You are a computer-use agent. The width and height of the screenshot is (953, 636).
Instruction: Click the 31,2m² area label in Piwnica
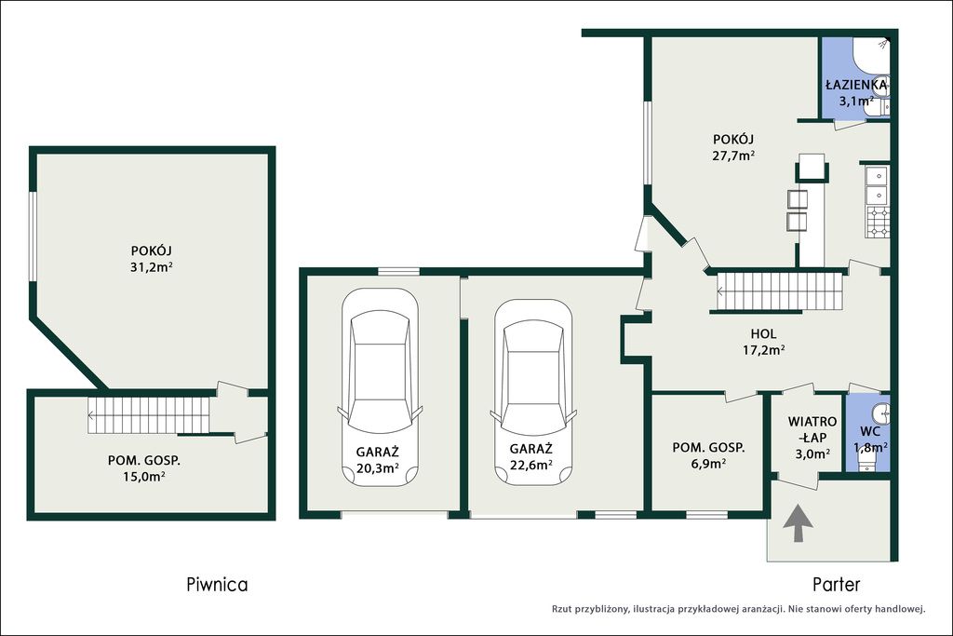click(152, 266)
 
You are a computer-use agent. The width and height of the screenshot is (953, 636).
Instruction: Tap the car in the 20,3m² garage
click(380, 386)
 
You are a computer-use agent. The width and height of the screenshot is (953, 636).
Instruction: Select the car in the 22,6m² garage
click(533, 392)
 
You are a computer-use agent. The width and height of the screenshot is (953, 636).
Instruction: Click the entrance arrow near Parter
click(798, 522)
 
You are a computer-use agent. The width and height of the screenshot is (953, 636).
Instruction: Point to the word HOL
click(763, 333)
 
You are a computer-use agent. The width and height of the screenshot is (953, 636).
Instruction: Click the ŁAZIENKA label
click(856, 85)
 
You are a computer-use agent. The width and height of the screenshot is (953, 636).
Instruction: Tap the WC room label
click(870, 432)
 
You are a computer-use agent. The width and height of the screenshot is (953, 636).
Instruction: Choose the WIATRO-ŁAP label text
click(812, 429)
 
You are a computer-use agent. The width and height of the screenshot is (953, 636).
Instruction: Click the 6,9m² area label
click(708, 464)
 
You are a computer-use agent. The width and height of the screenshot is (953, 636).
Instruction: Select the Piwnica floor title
click(217, 584)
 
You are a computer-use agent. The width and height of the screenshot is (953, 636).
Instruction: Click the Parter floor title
click(837, 584)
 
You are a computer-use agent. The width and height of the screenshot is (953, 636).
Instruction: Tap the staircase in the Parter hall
click(779, 291)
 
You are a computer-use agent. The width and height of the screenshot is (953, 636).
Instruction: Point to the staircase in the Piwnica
click(149, 415)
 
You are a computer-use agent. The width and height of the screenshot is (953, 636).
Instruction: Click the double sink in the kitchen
click(877, 185)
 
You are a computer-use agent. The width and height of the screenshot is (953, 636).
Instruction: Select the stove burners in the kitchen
click(877, 222)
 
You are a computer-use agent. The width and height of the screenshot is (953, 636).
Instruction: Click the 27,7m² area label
click(733, 156)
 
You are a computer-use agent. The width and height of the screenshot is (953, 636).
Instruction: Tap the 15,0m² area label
click(143, 476)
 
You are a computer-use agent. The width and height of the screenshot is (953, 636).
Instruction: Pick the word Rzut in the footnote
click(563, 608)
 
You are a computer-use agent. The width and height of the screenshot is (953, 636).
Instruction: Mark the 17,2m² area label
click(763, 349)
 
